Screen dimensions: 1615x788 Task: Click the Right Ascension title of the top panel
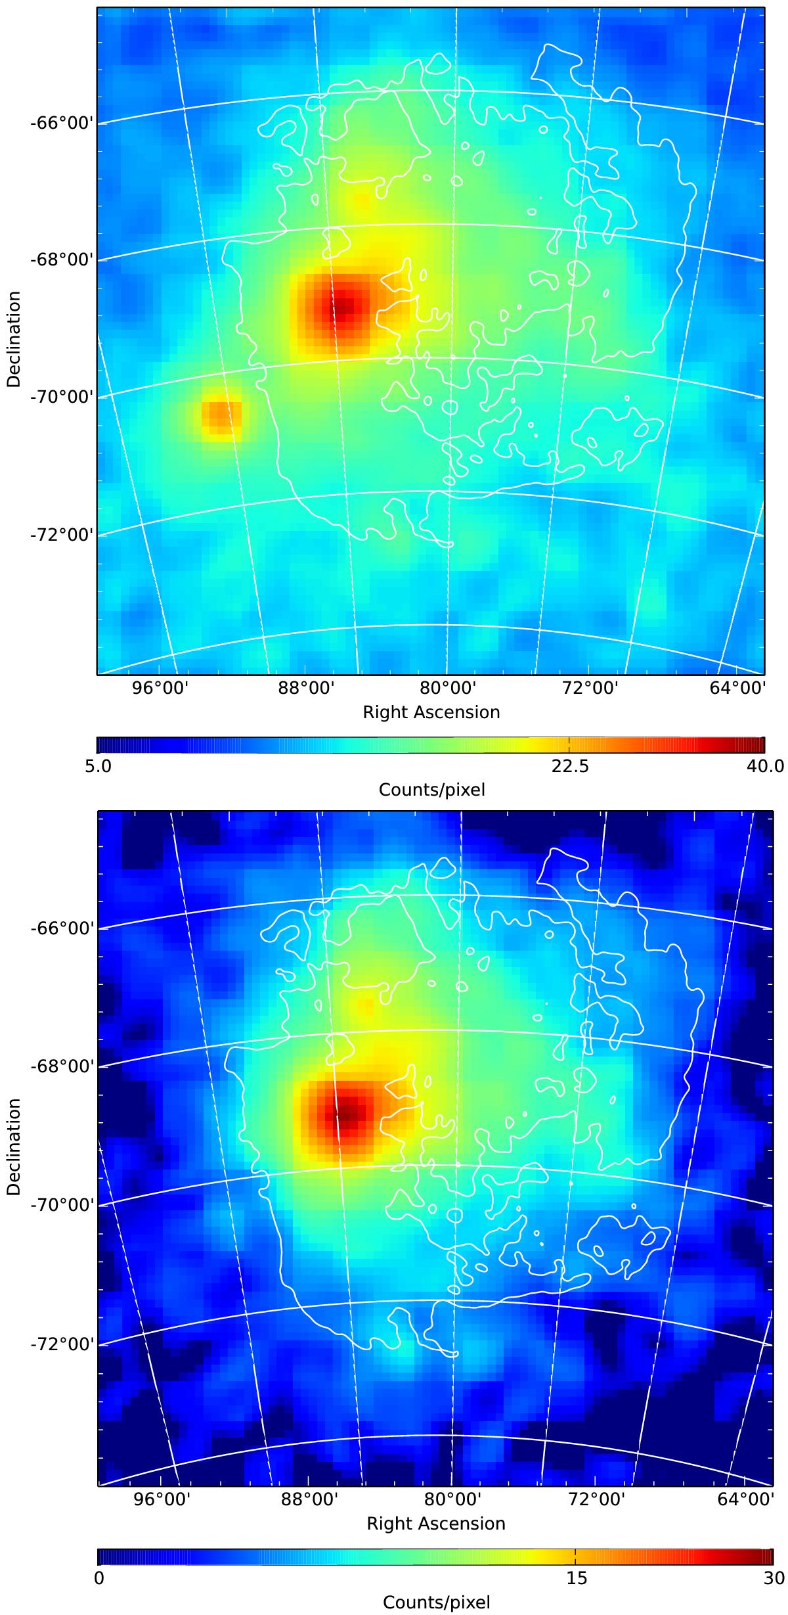(x=431, y=712)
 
